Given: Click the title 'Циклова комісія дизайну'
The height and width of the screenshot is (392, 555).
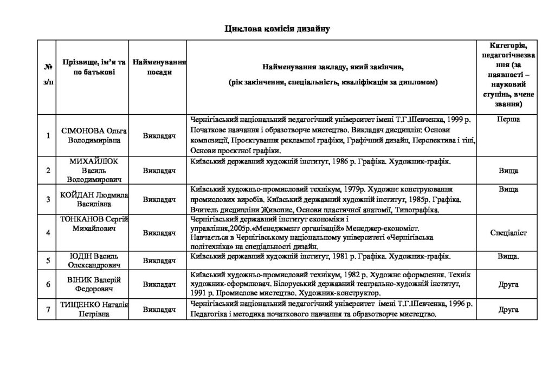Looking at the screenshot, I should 277,28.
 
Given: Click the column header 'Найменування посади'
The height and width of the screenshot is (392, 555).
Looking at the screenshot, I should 159,67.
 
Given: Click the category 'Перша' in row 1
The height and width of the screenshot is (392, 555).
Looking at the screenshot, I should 508,119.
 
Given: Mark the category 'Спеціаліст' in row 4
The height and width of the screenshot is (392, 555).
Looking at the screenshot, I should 508,233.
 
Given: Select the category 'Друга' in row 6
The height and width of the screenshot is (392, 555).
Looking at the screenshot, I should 508,284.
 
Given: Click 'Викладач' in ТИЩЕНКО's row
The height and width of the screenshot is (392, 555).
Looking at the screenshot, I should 159,310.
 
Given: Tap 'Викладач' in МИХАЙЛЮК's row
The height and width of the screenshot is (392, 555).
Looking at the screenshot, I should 159,171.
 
